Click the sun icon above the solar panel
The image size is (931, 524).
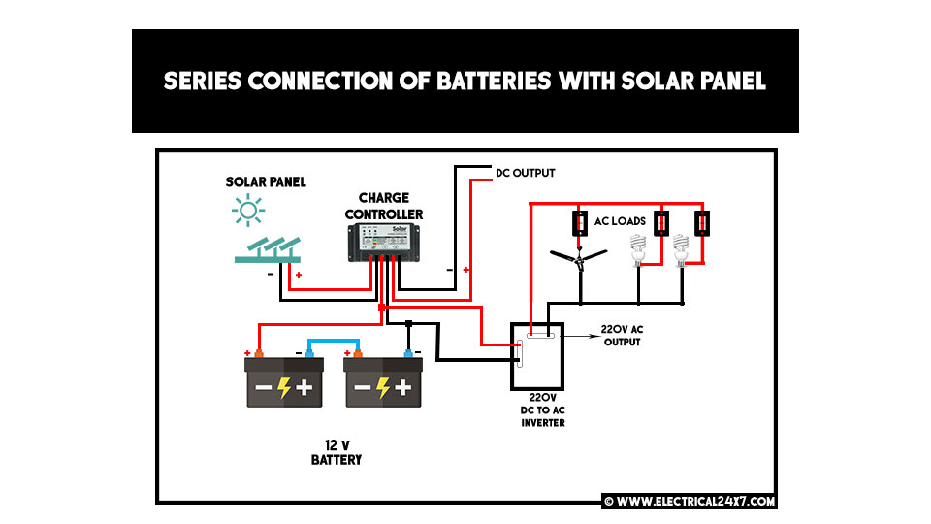coord(249,210)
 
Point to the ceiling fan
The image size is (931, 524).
coord(579,256)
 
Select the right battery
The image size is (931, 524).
coord(383,383)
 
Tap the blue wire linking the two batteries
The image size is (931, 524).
coord(334,342)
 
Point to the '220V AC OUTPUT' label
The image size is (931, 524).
coord(622,336)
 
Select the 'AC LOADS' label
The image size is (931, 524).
coord(620,220)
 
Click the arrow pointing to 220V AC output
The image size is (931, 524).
coord(576,335)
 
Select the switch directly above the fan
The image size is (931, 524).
coord(580,222)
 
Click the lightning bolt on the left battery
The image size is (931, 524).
coord(283,388)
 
